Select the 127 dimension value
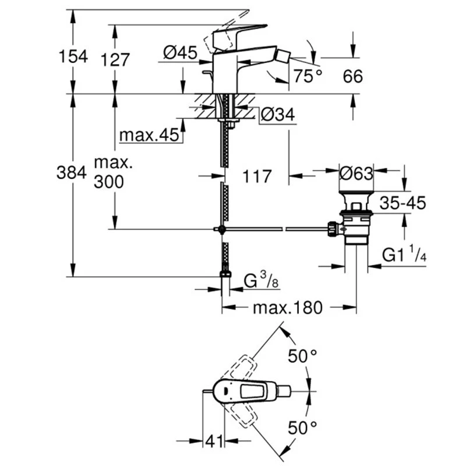click(115, 59)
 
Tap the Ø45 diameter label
click(178, 53)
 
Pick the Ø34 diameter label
click(277, 115)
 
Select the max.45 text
click(148, 136)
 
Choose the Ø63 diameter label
click(356, 174)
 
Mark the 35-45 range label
click(403, 203)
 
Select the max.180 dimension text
click(287, 308)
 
